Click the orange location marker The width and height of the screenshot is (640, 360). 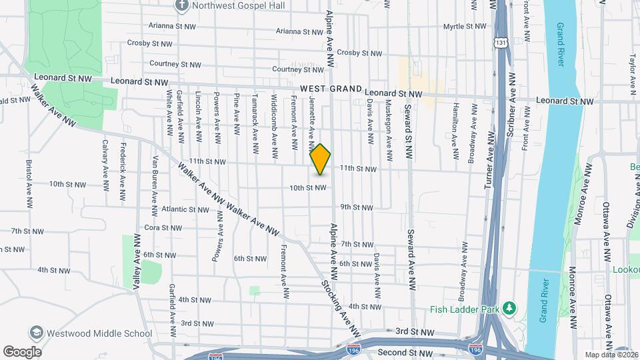coord(321,159)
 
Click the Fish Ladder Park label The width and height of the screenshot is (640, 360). coord(463,308)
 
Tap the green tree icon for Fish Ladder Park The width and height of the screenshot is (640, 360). coord(509,308)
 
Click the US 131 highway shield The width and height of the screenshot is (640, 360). coord(500,41)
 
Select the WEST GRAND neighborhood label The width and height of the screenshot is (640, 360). coord(331,89)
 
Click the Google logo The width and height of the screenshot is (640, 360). coord(22,352)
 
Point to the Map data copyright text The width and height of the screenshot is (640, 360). coord(611,355)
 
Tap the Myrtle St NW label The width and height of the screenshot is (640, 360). coord(466,27)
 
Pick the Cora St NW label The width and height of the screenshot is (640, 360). coord(163,227)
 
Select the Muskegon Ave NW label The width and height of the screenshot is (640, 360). coord(387,130)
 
